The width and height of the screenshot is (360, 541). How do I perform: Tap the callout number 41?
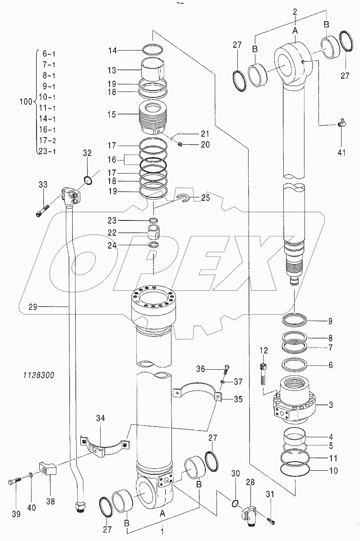pos(341,152)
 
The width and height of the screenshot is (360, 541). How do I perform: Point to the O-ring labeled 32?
pos(88,181)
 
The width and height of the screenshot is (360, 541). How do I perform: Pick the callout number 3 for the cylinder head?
pos(331,405)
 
